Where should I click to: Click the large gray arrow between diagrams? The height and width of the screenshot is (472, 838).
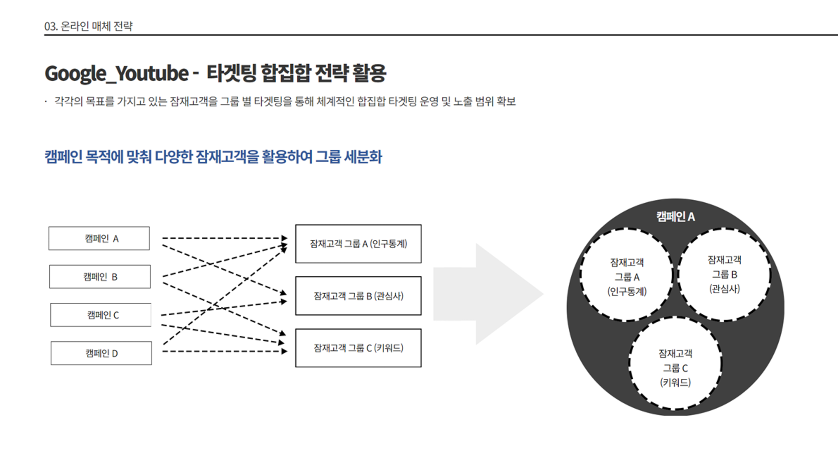coord(488,294)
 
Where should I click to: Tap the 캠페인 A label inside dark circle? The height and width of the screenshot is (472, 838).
coord(675,216)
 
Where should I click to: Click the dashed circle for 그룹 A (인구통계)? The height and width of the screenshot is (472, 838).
coord(580,274)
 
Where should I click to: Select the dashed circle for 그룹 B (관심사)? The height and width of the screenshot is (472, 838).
coord(678,274)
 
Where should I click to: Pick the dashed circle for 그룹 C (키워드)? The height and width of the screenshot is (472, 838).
coord(629,363)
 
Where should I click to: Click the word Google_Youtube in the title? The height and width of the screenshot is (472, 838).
coord(117,73)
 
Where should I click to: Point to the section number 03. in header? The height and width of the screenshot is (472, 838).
coord(51,26)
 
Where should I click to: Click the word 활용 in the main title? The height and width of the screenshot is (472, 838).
coord(369,73)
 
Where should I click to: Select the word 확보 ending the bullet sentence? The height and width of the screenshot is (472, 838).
coord(506,101)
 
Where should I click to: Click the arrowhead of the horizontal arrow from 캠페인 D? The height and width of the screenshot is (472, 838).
coord(285,351)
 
